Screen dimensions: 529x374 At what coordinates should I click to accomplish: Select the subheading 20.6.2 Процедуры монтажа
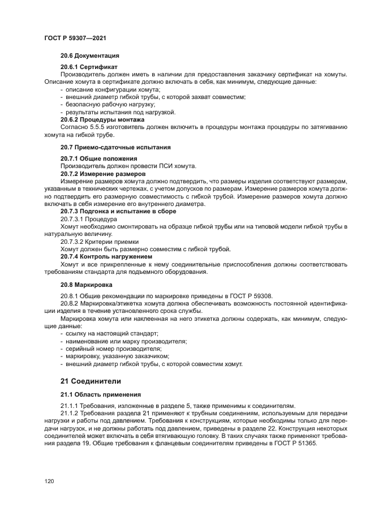[x=102, y=120]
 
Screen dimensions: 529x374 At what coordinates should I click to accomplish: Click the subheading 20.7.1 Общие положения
[x=98, y=158]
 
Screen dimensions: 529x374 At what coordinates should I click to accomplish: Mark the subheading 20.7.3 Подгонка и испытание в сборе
[x=118, y=211]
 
